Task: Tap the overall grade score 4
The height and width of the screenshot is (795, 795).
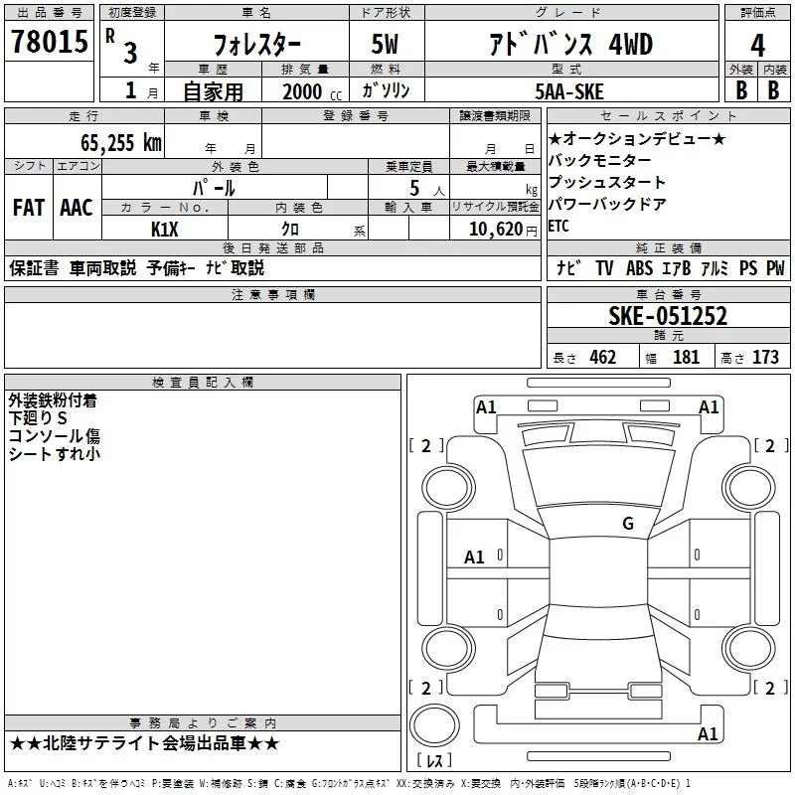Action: [758, 46]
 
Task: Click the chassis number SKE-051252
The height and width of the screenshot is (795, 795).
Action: [667, 316]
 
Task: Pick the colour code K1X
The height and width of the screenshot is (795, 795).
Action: [165, 229]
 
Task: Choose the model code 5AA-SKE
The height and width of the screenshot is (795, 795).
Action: [567, 91]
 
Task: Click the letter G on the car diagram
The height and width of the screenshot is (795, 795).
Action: [627, 524]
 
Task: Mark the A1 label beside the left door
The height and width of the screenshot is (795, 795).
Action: [475, 557]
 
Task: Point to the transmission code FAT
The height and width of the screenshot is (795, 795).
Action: [29, 208]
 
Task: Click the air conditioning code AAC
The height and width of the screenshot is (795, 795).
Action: [77, 208]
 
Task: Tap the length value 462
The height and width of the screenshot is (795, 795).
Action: [601, 358]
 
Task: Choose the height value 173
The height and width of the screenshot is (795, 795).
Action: [765, 358]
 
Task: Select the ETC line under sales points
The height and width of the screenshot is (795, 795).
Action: [558, 226]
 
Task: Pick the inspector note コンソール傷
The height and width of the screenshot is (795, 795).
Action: [55, 436]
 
